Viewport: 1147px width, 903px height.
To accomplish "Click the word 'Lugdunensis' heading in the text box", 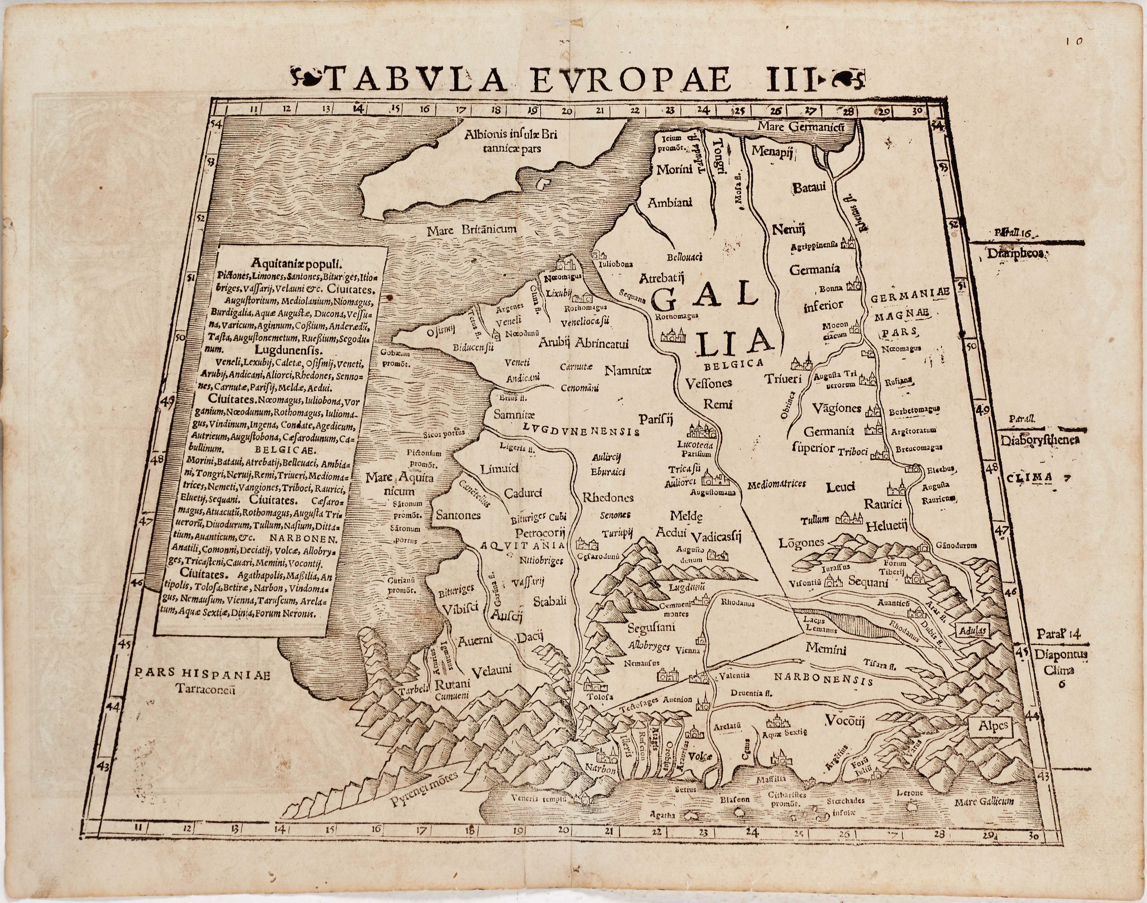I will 288,350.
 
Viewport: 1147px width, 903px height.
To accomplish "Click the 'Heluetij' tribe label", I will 886,526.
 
